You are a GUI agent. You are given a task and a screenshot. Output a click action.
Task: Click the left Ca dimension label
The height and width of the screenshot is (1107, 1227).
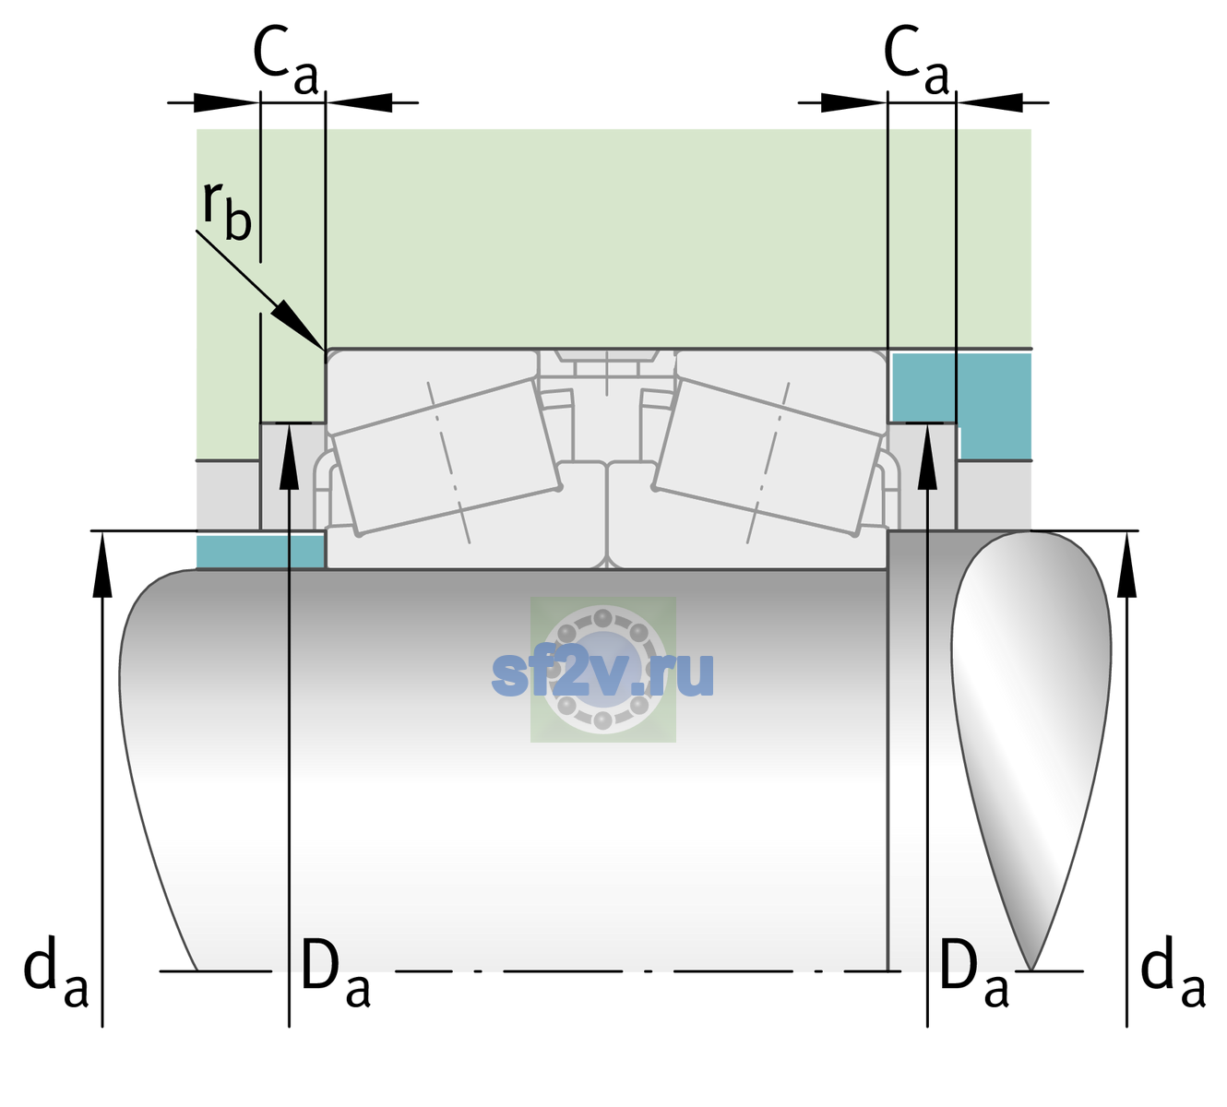tap(286, 60)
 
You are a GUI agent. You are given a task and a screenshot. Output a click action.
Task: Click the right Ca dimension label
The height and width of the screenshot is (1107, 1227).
tap(916, 60)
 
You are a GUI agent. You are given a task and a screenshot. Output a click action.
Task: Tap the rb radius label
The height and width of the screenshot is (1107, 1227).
tap(226, 209)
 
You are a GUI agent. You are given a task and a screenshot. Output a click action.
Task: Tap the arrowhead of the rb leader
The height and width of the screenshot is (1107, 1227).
tap(300, 325)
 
